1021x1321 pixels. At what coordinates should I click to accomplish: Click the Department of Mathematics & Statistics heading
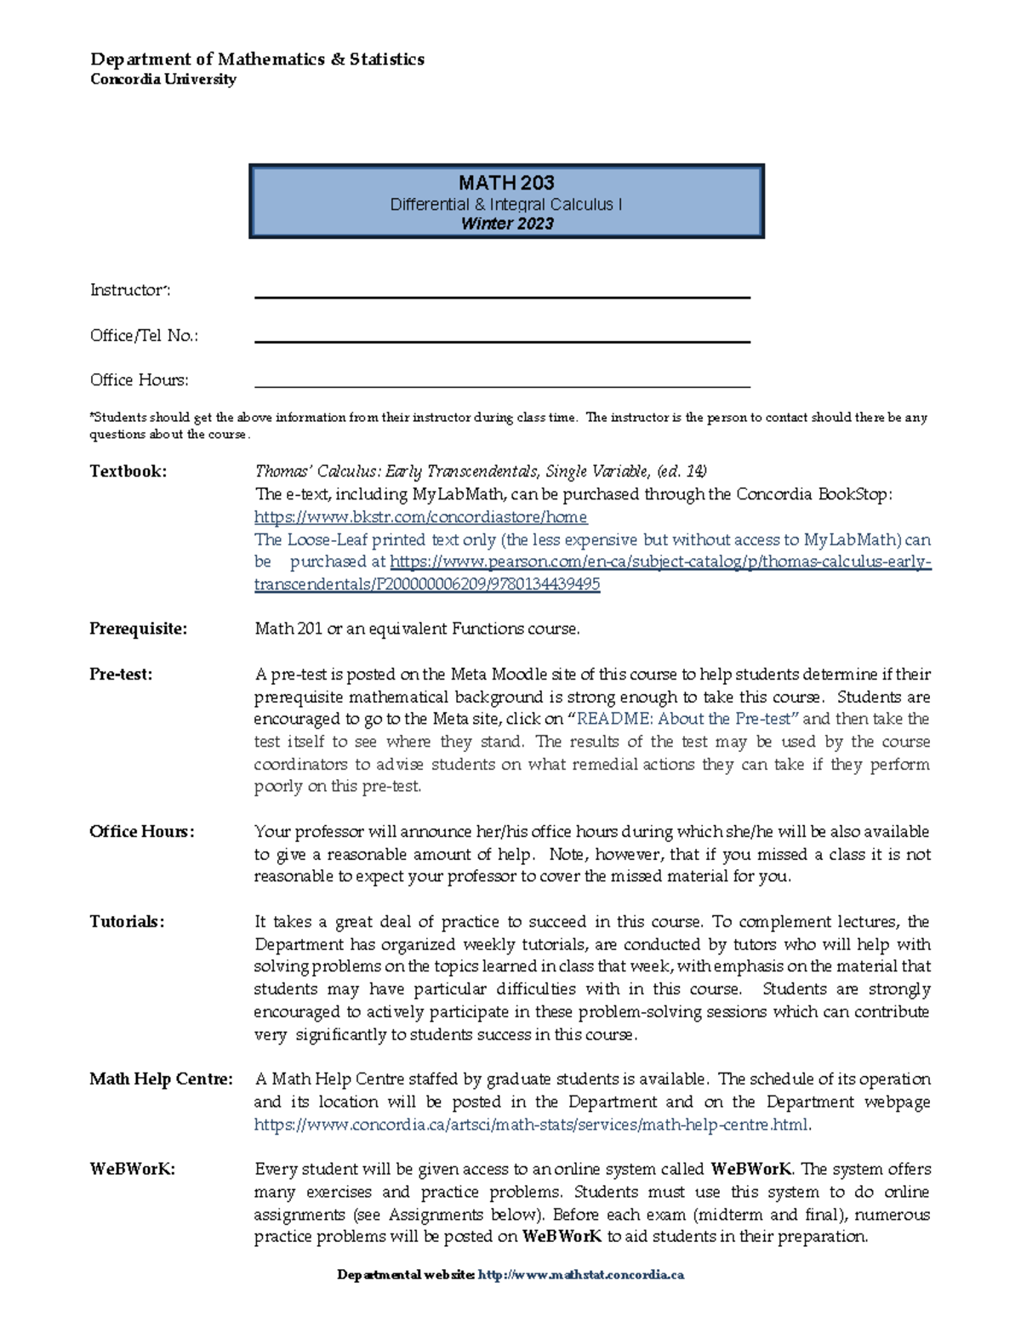pos(257,59)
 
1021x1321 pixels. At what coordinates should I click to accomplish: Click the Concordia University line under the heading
pos(163,79)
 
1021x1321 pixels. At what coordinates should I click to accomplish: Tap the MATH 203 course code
pos(506,183)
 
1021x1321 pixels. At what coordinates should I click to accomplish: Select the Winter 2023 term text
pos(507,224)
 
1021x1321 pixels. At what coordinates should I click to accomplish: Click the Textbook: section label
pos(128,471)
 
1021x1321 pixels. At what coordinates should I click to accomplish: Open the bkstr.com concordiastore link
pos(420,517)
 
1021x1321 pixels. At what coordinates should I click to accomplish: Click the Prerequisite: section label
pos(138,629)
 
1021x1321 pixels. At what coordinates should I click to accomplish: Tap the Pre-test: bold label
pos(121,675)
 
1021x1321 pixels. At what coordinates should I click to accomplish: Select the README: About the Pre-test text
pos(687,719)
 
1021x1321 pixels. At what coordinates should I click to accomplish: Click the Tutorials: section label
pos(127,921)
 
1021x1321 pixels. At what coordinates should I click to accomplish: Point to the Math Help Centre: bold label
pos(161,1079)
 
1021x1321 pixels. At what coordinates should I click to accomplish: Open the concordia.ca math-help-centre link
pos(532,1125)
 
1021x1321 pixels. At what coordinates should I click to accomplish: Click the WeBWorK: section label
pos(132,1169)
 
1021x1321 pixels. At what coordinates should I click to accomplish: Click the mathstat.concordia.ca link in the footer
pos(581,1274)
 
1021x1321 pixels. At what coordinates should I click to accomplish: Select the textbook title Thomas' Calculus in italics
pos(481,471)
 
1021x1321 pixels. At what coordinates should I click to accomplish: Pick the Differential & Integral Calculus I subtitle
pos(506,205)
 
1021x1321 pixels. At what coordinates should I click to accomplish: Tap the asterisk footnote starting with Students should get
pos(508,425)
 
